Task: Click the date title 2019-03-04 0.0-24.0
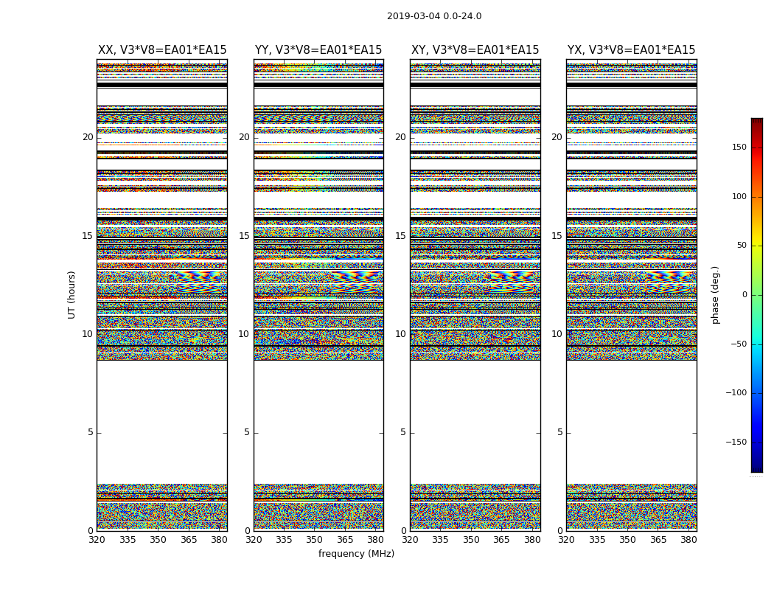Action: pos(434,16)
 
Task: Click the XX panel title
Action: pos(162,50)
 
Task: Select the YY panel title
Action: pos(318,50)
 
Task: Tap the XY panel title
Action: pos(475,50)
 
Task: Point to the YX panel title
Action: pos(631,50)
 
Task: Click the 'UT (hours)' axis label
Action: pos(72,294)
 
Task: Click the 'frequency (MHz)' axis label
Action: pos(356,554)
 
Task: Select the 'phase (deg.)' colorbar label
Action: pos(715,295)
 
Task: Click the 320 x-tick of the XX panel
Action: pos(97,540)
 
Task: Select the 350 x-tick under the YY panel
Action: pos(315,540)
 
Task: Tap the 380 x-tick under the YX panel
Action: pos(688,540)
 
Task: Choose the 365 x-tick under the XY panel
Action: pos(501,540)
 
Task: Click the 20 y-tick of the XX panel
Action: pos(88,137)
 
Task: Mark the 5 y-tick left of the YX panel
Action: pos(559,432)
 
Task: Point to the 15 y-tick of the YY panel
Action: pos(244,236)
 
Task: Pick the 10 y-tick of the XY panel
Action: pos(400,334)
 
